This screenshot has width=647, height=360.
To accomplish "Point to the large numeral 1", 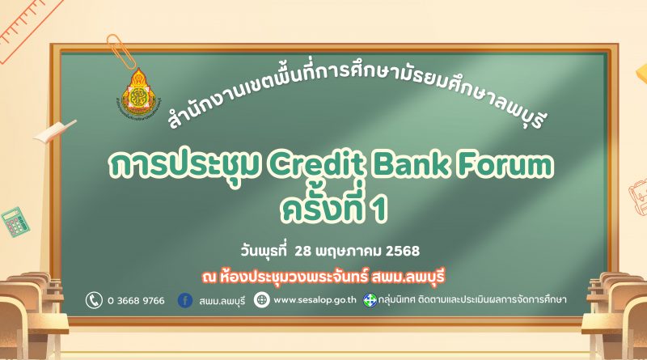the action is [x=379, y=210].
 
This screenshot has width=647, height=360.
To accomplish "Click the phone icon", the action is [x=94, y=300].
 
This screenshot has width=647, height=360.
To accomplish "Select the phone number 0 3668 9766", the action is [x=136, y=301].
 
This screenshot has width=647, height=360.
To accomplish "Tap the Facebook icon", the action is [x=185, y=300].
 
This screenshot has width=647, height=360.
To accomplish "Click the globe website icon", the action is [x=261, y=300].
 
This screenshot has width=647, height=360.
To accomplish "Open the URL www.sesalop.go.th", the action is [x=315, y=300].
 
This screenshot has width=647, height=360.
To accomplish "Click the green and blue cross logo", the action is [x=370, y=300].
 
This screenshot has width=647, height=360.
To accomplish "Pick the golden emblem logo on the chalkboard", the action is [x=138, y=95].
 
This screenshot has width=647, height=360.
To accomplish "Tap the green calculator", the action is [x=15, y=222].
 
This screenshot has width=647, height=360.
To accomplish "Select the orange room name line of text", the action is [x=323, y=277].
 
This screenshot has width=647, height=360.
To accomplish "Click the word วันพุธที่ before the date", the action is [x=264, y=251].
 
